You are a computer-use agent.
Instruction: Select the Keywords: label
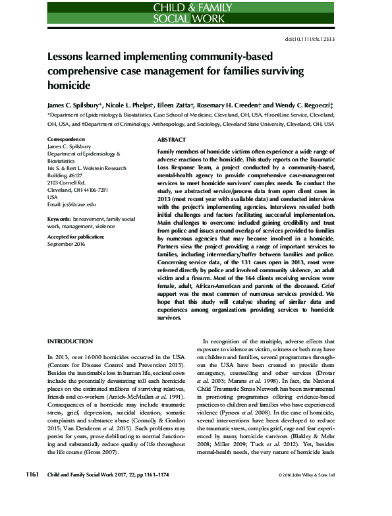(62, 217)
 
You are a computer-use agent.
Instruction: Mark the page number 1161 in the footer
(33, 492)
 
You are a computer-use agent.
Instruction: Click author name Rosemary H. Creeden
(240, 104)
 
